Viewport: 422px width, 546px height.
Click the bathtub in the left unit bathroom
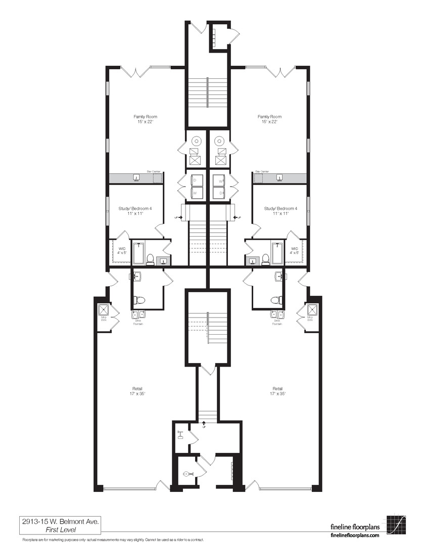(138, 253)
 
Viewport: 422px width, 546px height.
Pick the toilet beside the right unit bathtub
(265, 259)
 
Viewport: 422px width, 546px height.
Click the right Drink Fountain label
(277, 322)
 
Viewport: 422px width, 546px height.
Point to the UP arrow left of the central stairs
(177, 217)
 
